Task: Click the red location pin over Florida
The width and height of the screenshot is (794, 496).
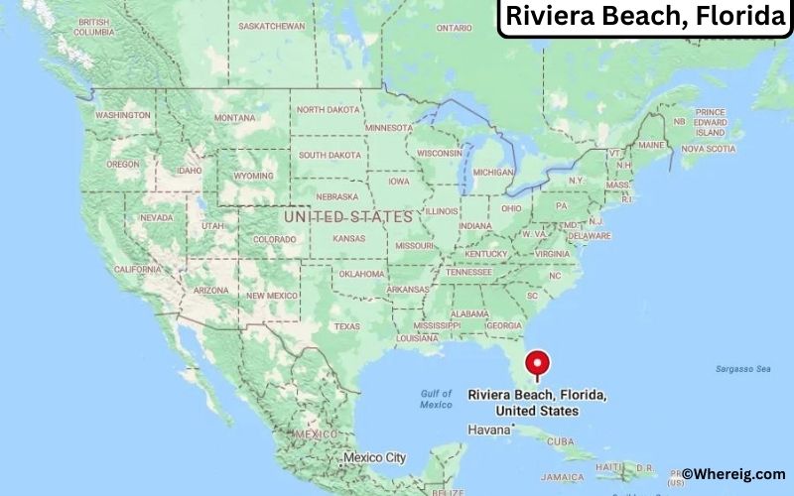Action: tap(537, 363)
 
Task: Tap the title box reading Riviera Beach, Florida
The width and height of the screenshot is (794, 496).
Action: tap(645, 17)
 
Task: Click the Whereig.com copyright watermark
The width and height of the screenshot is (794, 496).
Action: tap(734, 474)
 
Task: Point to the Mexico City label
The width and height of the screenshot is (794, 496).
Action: tap(374, 457)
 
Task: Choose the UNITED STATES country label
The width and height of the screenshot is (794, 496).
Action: tap(347, 215)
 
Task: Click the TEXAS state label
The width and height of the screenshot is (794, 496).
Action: tap(347, 326)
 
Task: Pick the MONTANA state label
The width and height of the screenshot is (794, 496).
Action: tap(234, 118)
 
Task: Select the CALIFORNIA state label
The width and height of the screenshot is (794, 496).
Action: tap(137, 269)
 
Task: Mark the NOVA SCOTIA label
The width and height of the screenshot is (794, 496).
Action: tap(708, 149)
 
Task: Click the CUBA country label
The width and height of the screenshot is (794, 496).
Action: tap(561, 440)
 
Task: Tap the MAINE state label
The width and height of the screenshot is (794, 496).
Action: tap(650, 145)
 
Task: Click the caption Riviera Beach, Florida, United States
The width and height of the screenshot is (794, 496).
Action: tap(537, 402)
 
